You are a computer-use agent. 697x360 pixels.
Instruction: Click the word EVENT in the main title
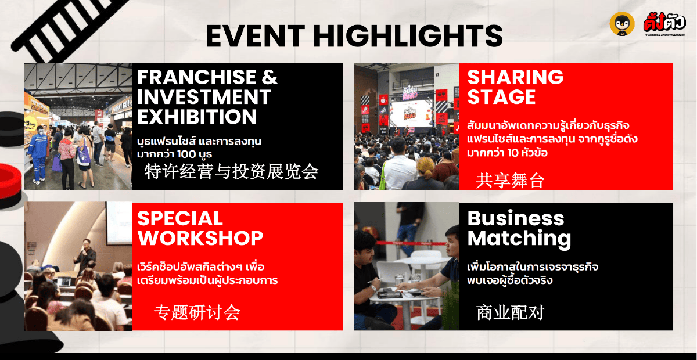255,36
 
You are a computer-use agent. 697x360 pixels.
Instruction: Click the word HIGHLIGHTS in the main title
408,36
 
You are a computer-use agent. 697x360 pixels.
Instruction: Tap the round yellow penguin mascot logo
621,24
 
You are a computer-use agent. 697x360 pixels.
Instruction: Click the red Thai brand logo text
664,22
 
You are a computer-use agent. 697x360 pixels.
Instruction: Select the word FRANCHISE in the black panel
196,77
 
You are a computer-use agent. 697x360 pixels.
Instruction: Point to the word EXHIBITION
197,117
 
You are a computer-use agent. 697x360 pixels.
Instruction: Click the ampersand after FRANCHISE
269,77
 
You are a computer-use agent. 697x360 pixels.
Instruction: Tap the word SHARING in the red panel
515,77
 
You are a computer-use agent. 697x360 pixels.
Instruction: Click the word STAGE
501,97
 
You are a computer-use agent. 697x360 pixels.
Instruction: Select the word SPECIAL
180,218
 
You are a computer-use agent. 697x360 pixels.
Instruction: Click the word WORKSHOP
200,238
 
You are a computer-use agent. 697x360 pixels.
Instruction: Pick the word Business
516,218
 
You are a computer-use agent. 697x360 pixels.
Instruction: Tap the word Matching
519,239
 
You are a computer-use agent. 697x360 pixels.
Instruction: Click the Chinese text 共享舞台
510,181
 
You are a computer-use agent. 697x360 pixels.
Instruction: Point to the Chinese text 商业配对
511,312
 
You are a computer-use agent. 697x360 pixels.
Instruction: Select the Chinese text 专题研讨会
197,312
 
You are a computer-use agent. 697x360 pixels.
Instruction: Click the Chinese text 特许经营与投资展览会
231,171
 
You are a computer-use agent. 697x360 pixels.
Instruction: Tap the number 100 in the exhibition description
187,154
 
